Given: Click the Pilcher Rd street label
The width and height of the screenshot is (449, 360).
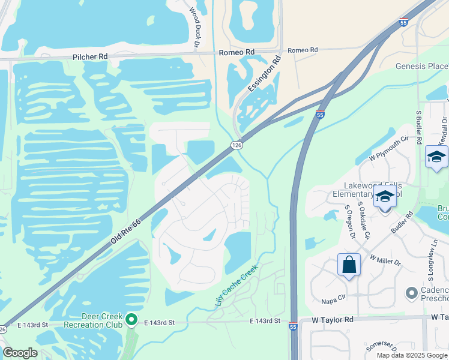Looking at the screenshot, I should click(x=89, y=56).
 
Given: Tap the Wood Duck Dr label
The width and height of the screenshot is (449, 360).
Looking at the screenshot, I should click(x=194, y=27).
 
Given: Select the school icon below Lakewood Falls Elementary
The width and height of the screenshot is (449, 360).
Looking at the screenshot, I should click(x=384, y=196).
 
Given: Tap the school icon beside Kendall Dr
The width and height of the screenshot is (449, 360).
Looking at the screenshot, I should click(x=436, y=157).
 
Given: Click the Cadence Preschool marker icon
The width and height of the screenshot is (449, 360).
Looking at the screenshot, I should click(x=411, y=293).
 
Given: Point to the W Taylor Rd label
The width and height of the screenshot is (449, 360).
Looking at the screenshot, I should click(x=333, y=320).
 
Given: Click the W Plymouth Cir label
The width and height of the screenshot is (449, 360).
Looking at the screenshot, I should click(x=389, y=148).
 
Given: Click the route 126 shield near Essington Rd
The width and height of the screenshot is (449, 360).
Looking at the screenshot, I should click(x=237, y=145).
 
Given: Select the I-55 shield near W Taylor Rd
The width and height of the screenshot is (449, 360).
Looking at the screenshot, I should click(x=293, y=327).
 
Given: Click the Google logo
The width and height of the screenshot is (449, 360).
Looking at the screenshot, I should click(x=20, y=353).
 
